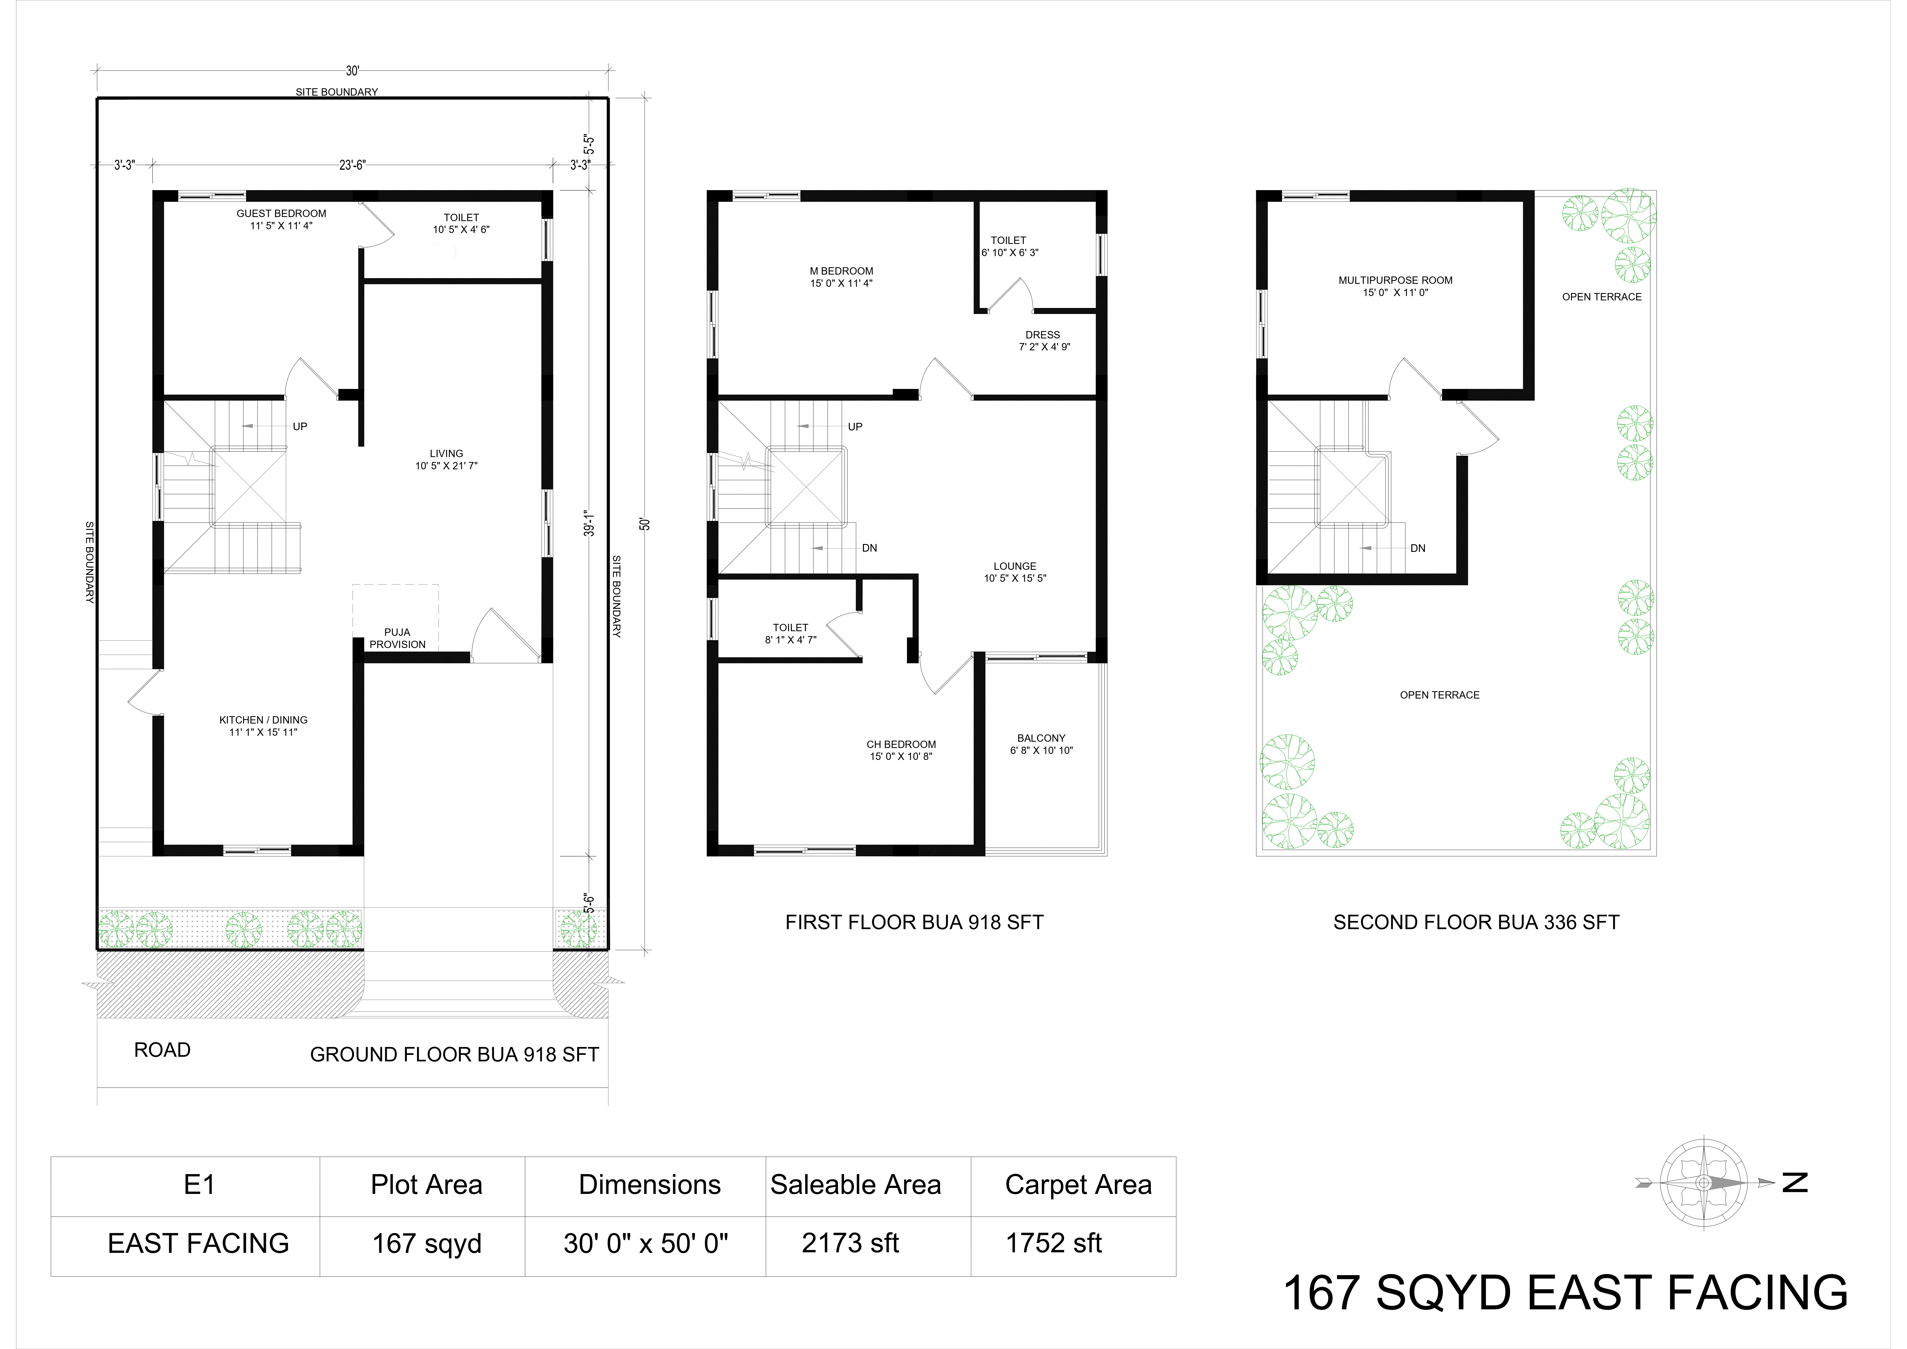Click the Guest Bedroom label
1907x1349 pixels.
tap(282, 213)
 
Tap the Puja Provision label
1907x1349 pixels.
tap(398, 638)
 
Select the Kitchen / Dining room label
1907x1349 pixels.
tap(263, 720)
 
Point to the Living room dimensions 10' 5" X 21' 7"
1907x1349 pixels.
tap(447, 466)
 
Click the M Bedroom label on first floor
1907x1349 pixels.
tap(841, 271)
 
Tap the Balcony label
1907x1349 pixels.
tap(1042, 738)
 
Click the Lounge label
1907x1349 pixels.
tap(1015, 566)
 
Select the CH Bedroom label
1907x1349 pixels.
tap(901, 744)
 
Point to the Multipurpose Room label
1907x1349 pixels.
tap(1395, 280)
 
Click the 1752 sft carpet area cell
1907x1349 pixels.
tap(1054, 1243)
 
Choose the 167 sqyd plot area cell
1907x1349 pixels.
tap(427, 1244)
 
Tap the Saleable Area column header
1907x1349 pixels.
tap(856, 1184)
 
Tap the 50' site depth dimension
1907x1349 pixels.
tap(645, 524)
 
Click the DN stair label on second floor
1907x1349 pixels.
tap(1418, 548)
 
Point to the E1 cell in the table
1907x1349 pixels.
tap(199, 1184)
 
